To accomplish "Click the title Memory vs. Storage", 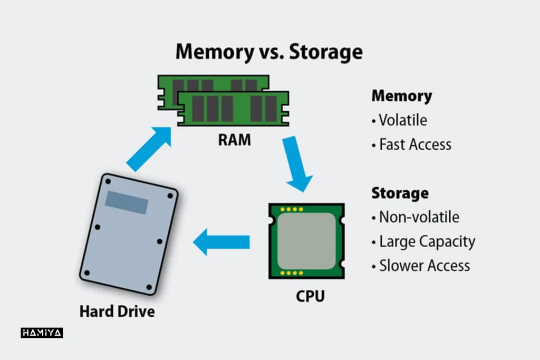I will coord(269,52).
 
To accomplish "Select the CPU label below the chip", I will coord(310,296).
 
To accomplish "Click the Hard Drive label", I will coord(117,311).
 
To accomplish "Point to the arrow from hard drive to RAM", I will coord(149,149).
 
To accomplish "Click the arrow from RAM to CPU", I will coord(296,163).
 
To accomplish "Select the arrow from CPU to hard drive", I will coord(221,242).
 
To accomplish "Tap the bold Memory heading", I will coord(401,96).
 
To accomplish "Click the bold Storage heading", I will coord(400,193).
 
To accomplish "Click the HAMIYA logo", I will coord(42,333).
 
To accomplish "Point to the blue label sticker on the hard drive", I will coord(127,202).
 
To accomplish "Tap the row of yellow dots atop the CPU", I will coord(292,209).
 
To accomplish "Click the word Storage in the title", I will coord(325,52).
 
